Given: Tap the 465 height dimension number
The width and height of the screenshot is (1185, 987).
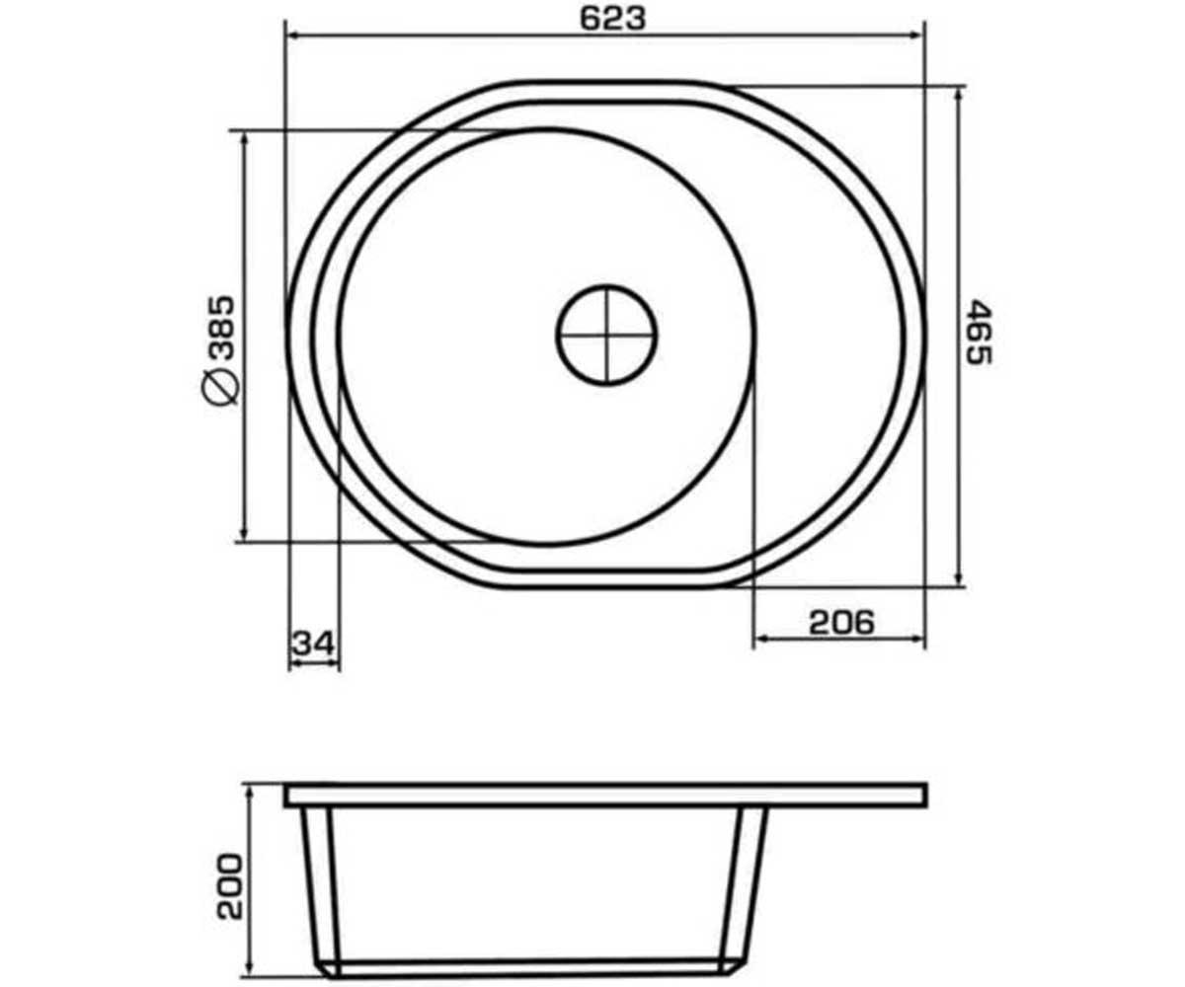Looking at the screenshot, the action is pyautogui.click(x=979, y=332).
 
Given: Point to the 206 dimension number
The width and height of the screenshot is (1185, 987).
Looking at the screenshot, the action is pyautogui.click(x=841, y=622).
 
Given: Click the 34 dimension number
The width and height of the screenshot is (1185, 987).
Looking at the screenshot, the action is pyautogui.click(x=314, y=644).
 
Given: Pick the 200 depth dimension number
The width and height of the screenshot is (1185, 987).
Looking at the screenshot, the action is pyautogui.click(x=230, y=886).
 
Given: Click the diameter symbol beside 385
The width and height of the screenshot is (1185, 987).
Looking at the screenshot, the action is pyautogui.click(x=221, y=386).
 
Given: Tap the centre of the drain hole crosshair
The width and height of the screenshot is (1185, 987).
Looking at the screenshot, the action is pyautogui.click(x=606, y=336).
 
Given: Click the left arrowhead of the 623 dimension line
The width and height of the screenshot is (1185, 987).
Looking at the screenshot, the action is pyautogui.click(x=294, y=36).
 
